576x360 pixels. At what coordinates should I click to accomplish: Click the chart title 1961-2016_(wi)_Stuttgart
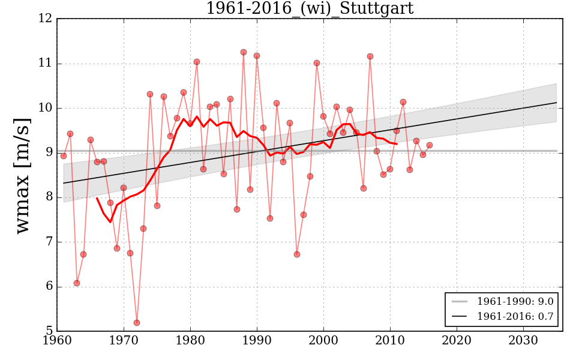310,8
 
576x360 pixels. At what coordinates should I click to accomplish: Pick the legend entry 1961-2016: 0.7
515,316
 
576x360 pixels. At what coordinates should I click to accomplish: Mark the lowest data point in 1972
137,323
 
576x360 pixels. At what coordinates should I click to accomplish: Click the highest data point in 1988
244,52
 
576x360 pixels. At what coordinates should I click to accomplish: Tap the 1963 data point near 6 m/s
77,283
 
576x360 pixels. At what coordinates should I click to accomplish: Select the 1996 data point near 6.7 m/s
297,254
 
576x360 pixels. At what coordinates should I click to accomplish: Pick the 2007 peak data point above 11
370,56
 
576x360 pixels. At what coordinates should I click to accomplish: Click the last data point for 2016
430,145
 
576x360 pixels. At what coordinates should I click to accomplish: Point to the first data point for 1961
64,156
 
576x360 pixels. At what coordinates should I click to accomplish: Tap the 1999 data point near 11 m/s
317,63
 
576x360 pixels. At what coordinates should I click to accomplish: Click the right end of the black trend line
556,103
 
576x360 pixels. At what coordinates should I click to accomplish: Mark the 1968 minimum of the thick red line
110,222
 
